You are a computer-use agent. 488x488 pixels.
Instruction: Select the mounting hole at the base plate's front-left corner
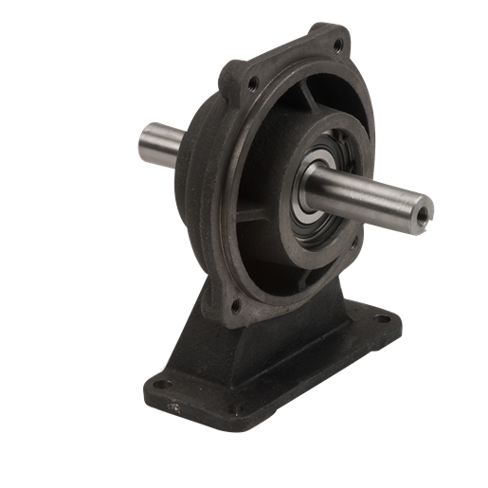point(161,385)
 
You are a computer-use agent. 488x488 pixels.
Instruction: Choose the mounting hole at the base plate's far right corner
point(383,319)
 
